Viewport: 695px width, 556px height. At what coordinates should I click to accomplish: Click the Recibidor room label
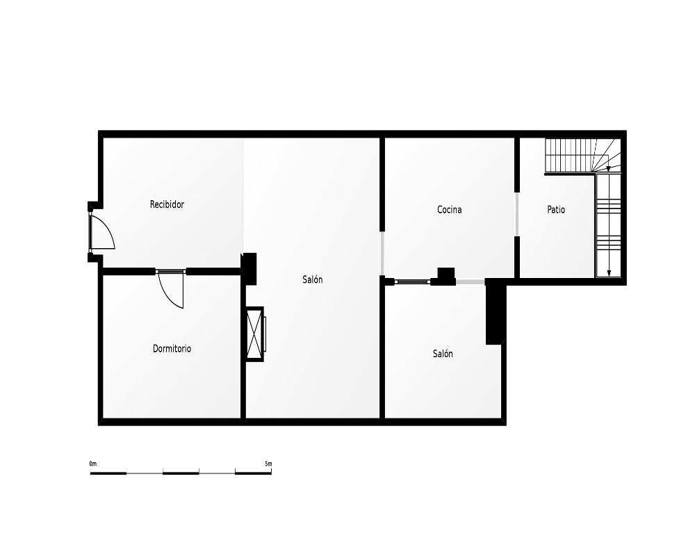tap(167, 204)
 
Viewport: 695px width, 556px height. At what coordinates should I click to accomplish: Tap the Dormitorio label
tap(172, 348)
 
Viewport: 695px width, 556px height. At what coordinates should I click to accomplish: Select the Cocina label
tap(450, 210)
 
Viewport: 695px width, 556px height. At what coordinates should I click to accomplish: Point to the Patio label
tap(556, 210)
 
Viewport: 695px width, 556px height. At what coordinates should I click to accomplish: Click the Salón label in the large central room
tap(313, 280)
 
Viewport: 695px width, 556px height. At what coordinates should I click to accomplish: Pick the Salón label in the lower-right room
tap(443, 354)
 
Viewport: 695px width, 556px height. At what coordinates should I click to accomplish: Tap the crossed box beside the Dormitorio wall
tap(255, 334)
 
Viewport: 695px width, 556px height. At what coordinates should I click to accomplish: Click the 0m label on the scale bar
tap(92, 464)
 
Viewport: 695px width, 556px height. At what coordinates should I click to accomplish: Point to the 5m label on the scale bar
tap(268, 464)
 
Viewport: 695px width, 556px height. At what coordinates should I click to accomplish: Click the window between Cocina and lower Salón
tap(412, 281)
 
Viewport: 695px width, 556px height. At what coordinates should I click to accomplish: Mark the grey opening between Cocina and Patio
tap(517, 215)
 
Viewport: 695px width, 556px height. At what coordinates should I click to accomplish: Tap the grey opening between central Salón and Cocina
tap(382, 253)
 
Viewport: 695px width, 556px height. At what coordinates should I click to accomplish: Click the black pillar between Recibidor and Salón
tap(250, 269)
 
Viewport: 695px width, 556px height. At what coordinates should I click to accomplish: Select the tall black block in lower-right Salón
tap(496, 314)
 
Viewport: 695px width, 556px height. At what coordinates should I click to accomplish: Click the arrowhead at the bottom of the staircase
tap(609, 273)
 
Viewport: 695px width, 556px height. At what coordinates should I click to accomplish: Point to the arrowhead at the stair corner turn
tap(609, 168)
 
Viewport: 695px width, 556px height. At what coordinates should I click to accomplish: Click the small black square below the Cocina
tap(446, 273)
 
